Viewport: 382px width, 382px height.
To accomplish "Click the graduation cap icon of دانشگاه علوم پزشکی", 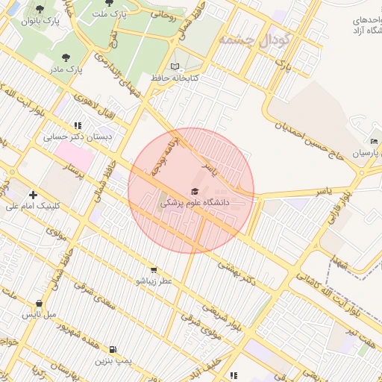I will click(195, 192).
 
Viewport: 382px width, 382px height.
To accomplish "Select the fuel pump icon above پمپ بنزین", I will click(113, 349).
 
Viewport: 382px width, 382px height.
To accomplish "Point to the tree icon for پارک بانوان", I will click(40, 9).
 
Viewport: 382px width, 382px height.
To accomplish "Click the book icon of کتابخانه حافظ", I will click(175, 66).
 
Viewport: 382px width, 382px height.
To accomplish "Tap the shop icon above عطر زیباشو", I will click(154, 270).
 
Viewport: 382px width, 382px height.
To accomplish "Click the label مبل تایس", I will click(40, 315).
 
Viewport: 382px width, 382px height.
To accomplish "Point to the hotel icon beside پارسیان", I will click(374, 142).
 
